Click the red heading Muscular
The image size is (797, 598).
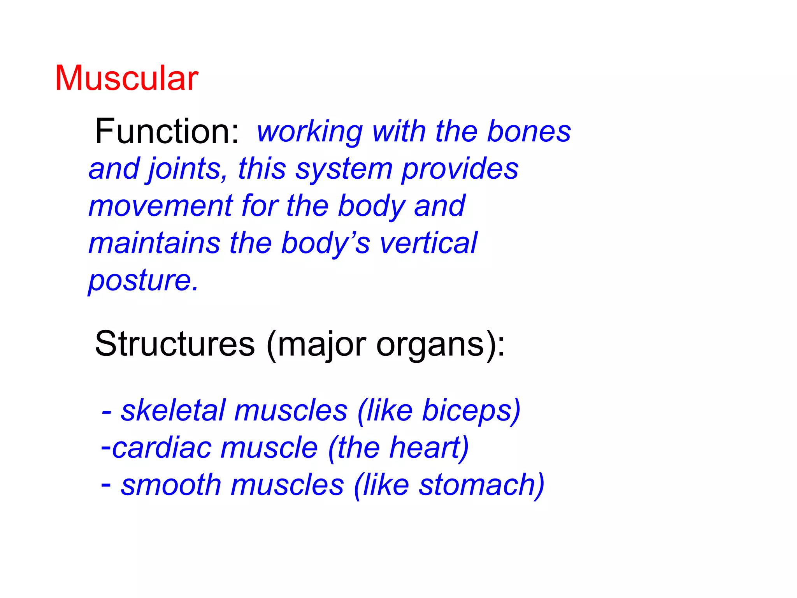pos(126,79)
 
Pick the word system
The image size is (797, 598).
pos(344,170)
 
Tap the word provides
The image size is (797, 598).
pos(460,169)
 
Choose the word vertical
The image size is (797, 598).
pos(428,243)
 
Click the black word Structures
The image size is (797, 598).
pos(175,344)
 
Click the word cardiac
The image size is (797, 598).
pos(162,448)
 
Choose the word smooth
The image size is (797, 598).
pos(171,485)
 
